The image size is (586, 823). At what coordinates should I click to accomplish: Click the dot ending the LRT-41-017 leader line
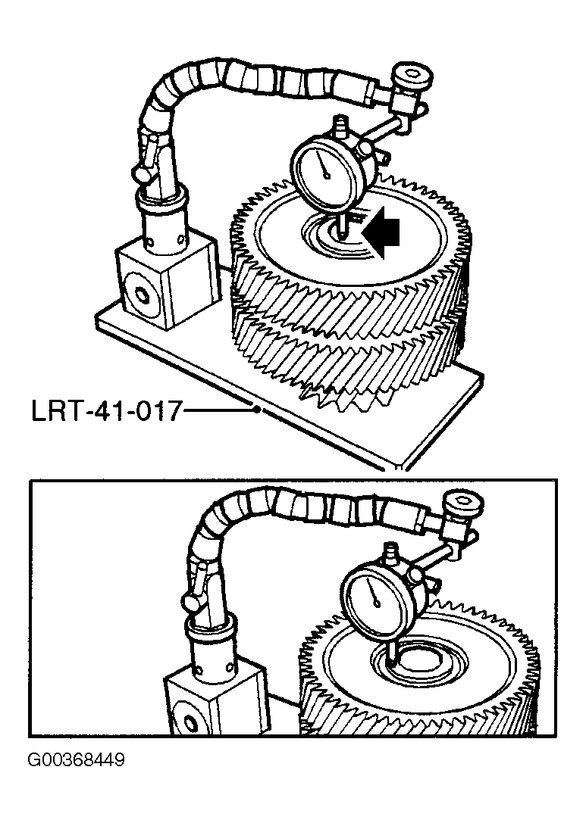point(256,410)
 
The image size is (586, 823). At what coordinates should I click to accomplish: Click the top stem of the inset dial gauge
point(391,553)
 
